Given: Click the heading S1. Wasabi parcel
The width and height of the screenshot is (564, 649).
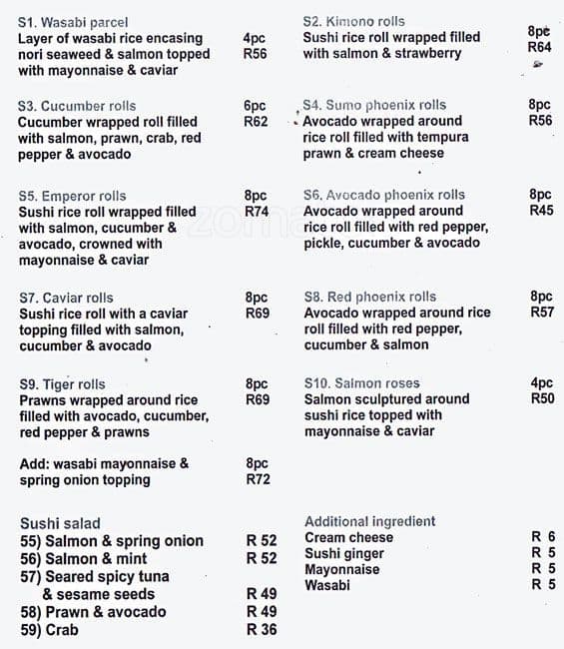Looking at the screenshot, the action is pos(73,22).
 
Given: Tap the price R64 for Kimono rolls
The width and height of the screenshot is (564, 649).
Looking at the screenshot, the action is pos(539,47).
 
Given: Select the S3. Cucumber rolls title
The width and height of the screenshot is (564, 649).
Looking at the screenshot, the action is pos(77,106).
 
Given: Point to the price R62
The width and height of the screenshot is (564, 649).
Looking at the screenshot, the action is pos(256,122).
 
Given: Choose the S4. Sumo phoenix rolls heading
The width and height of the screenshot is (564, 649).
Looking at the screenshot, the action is pos(374,105).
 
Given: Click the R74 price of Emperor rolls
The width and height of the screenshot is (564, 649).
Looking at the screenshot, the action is pos(257,212).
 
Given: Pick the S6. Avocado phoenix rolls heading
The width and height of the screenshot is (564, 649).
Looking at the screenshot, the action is pos(384,195).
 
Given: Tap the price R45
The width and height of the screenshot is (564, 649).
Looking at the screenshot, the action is pos(541,211).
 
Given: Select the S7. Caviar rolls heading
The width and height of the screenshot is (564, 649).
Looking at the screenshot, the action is pos(66,298).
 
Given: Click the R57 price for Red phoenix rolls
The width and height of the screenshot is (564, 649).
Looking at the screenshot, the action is pos(542,313).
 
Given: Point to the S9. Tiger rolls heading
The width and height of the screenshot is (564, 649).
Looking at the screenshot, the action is pos(62,384).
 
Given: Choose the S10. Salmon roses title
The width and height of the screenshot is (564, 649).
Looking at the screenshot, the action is pos(361,383).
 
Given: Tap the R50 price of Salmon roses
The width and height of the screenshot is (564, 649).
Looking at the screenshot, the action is pos(542,398).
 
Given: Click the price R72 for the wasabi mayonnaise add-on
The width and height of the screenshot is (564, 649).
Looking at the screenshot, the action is pos(258,479).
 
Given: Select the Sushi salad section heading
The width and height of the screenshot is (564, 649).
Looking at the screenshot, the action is pos(60,523).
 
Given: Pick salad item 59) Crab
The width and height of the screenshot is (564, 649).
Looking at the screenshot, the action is pos(49,630).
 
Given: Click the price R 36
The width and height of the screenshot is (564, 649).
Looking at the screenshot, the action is pos(262,630).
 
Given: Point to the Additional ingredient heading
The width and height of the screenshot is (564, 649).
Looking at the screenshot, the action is pos(369,521).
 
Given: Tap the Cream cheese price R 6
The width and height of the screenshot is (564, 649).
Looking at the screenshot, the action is pos(543,536).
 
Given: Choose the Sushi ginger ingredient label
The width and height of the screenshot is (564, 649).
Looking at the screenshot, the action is pos(344,553).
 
